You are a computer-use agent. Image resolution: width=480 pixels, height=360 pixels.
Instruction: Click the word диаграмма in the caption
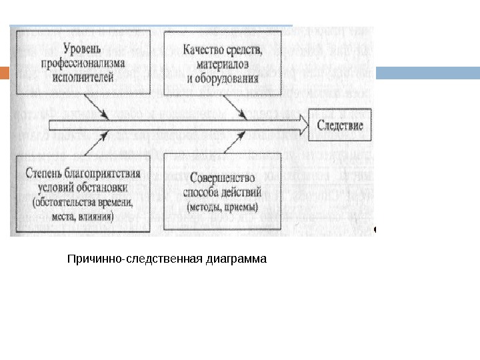[238, 257]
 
